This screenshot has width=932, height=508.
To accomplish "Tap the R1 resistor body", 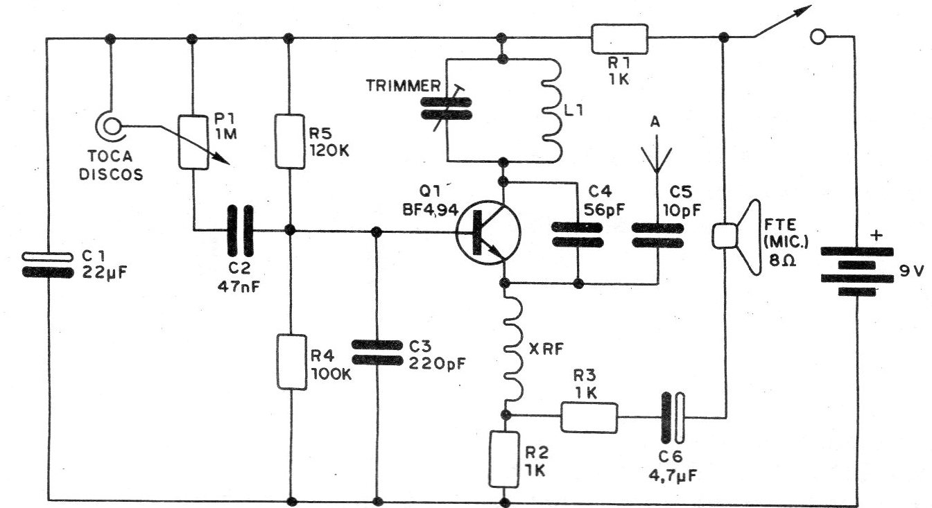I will [x=619, y=39].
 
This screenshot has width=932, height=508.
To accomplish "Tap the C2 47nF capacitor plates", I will [x=237, y=229].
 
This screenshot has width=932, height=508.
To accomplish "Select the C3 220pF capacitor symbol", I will [x=377, y=351].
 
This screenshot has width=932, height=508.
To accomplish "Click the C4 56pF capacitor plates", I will [x=577, y=234].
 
